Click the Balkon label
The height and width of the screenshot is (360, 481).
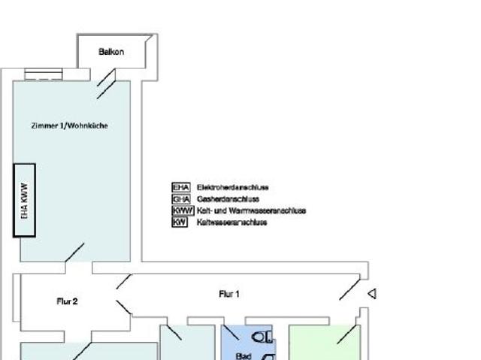(111, 52)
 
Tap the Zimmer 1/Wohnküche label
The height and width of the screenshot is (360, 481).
(70, 126)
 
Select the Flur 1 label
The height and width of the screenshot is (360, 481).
(229, 294)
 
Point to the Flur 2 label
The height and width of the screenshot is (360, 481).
(67, 301)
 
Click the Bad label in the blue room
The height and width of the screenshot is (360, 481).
(244, 356)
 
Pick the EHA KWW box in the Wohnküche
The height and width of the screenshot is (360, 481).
(25, 201)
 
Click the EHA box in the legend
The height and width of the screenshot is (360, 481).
(181, 187)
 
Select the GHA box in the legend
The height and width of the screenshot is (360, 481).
(181, 199)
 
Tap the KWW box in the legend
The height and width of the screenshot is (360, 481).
(183, 211)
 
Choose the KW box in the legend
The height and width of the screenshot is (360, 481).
(180, 222)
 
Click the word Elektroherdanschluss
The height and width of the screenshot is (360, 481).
(233, 187)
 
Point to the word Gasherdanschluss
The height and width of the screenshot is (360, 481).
(228, 199)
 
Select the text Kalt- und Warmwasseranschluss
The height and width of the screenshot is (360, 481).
(252, 211)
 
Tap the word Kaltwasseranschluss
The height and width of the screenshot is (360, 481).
(232, 222)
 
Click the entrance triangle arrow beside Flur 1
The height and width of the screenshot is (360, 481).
(372, 294)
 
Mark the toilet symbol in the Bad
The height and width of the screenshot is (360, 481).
(262, 337)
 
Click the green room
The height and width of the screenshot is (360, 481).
(325, 343)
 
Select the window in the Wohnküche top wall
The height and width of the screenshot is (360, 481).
(44, 74)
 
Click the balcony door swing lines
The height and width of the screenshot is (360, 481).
(106, 83)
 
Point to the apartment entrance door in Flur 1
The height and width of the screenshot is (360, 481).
(349, 287)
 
